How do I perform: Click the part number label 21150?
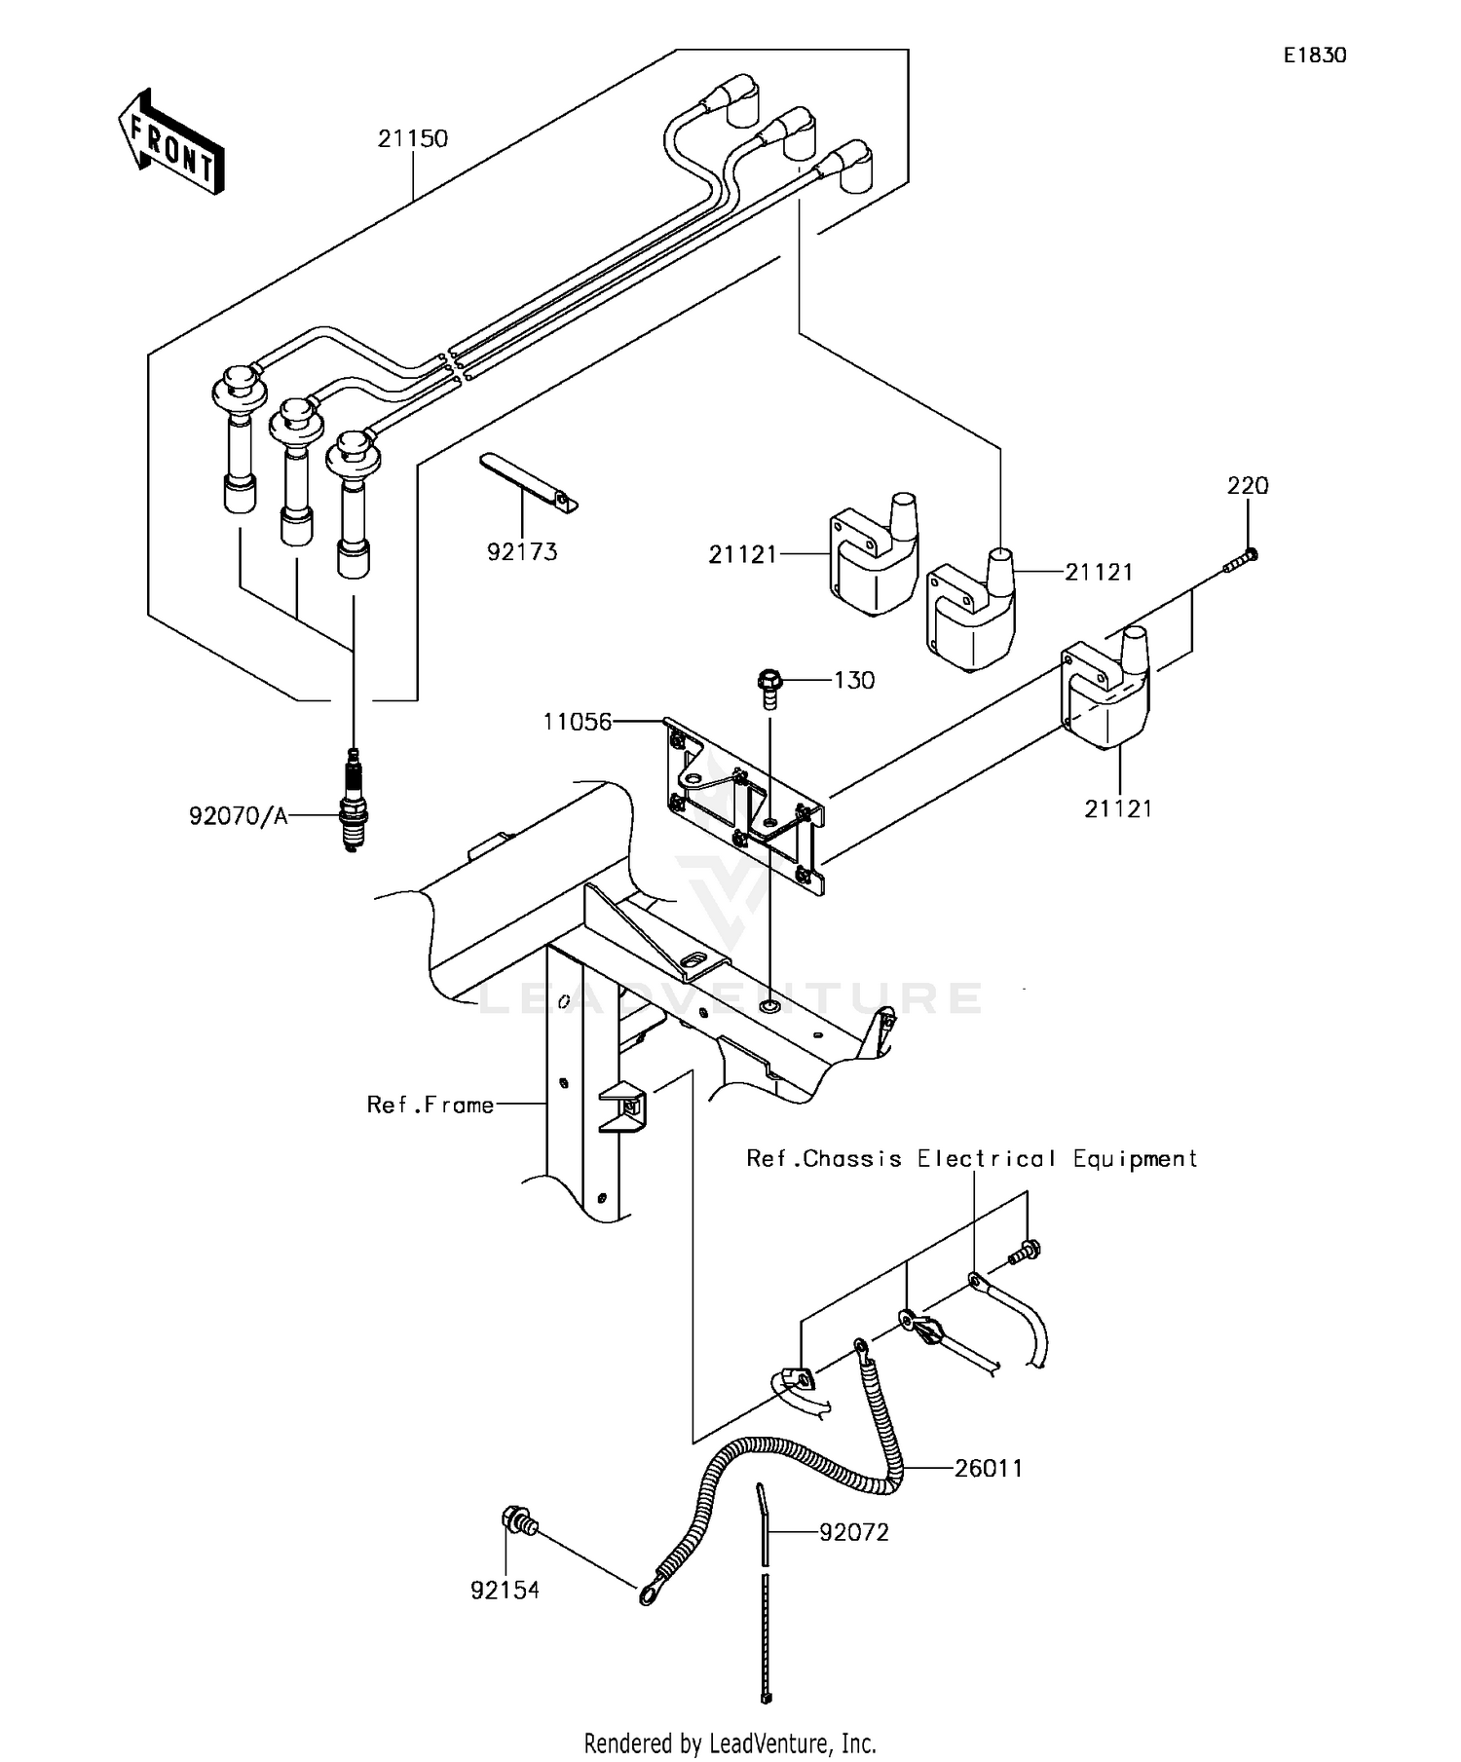click(x=413, y=138)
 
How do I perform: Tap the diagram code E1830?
click(x=1314, y=56)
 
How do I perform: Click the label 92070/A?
click(x=239, y=816)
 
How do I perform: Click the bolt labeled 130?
click(x=769, y=686)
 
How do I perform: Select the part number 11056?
click(x=577, y=722)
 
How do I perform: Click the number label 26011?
click(x=989, y=1468)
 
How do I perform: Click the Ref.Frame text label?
click(x=430, y=1105)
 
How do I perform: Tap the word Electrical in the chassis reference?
click(x=986, y=1159)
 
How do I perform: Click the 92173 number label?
click(x=522, y=552)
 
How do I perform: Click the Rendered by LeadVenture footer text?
click(x=730, y=1742)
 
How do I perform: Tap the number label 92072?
click(x=853, y=1533)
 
